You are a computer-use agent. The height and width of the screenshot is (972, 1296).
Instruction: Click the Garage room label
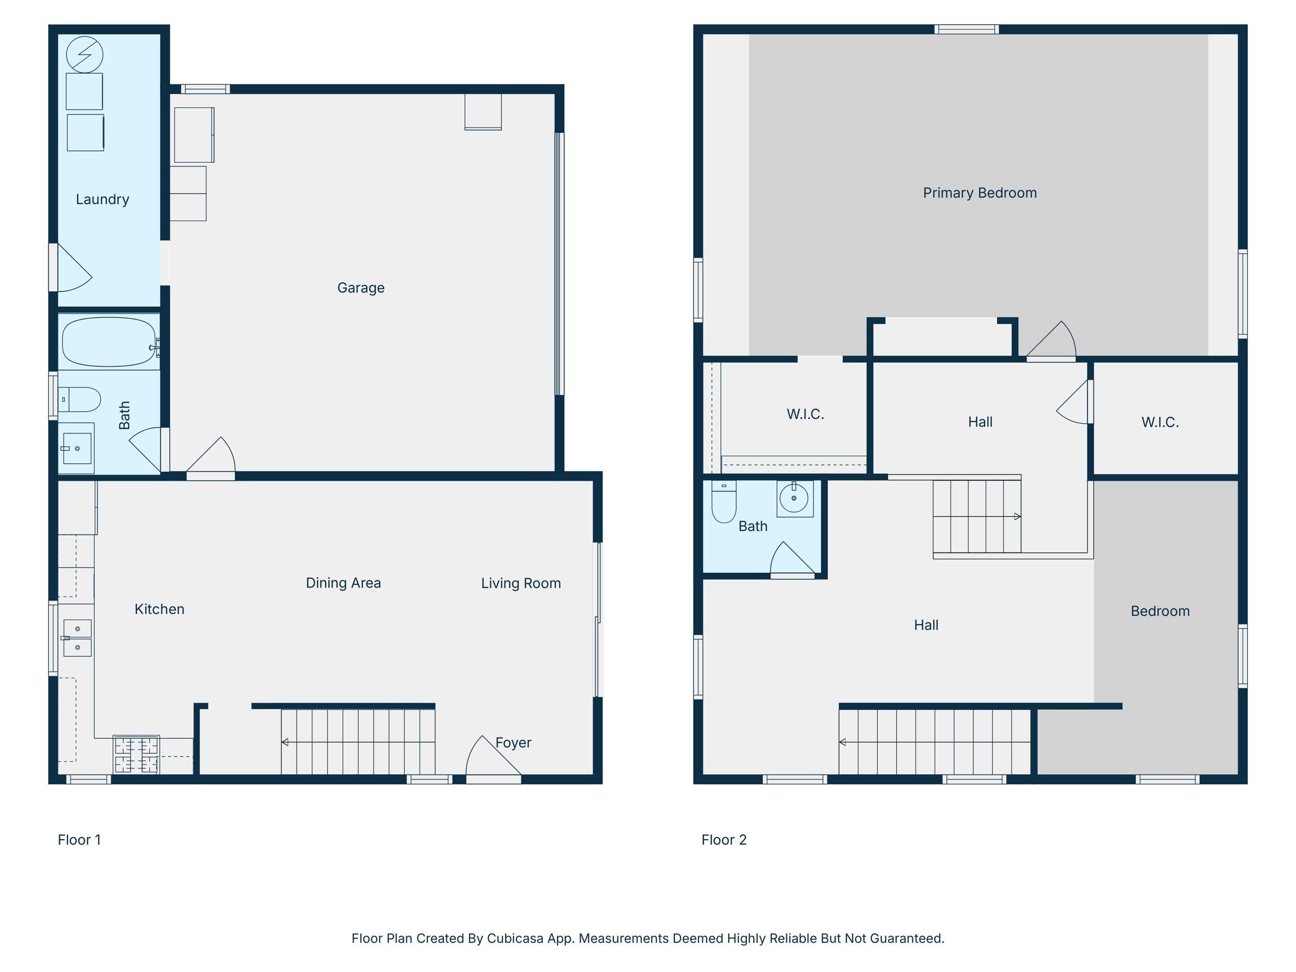tap(361, 288)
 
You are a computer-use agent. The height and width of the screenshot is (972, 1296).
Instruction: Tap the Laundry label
tap(103, 199)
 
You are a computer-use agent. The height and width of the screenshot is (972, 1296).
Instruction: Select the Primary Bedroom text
tap(980, 193)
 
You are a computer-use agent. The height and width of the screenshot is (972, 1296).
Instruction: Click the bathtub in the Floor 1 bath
tap(109, 342)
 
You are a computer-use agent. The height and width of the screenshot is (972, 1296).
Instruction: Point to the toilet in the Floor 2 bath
tap(724, 501)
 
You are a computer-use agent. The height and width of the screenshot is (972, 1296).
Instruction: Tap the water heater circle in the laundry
tap(85, 55)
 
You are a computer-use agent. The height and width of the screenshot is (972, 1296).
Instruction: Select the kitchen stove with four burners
tap(136, 755)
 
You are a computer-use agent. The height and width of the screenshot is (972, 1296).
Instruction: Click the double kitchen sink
tap(77, 638)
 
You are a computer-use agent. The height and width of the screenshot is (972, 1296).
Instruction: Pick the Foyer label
tap(513, 743)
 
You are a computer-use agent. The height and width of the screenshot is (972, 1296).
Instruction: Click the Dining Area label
tap(343, 583)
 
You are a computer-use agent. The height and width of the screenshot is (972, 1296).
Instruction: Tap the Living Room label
tap(521, 584)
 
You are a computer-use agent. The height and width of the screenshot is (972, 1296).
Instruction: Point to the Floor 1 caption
tap(79, 840)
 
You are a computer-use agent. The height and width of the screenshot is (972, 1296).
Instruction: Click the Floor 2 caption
tap(724, 840)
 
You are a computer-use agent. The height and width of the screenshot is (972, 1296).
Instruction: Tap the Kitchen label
tap(159, 609)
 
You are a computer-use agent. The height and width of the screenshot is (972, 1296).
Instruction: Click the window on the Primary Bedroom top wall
tap(967, 30)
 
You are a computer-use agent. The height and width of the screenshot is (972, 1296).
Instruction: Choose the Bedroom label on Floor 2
tap(1160, 611)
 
